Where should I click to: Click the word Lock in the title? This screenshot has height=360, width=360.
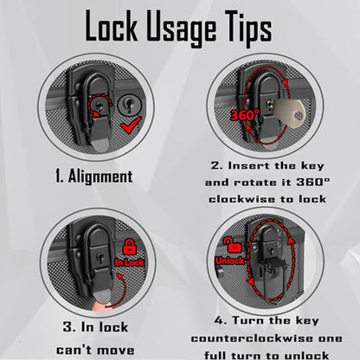tap(111, 26)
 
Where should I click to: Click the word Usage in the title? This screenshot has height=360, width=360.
tap(181, 29)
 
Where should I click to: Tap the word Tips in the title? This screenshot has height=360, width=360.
tap(247, 28)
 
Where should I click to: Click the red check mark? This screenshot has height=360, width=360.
tap(132, 125)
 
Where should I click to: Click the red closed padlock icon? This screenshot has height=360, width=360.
tap(130, 247)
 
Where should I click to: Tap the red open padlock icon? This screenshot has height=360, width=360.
tap(233, 245)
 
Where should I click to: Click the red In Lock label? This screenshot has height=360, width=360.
tap(129, 262)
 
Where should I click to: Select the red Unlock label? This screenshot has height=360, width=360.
tap(230, 261)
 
